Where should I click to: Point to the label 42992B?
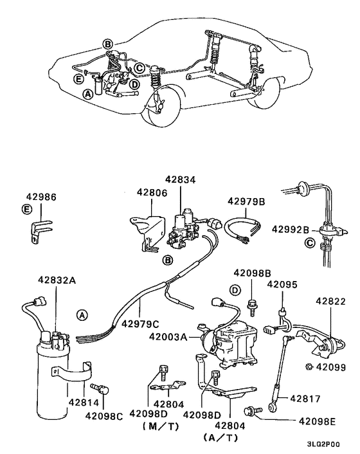[x=291, y=229]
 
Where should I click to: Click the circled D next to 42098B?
[x=236, y=291]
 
